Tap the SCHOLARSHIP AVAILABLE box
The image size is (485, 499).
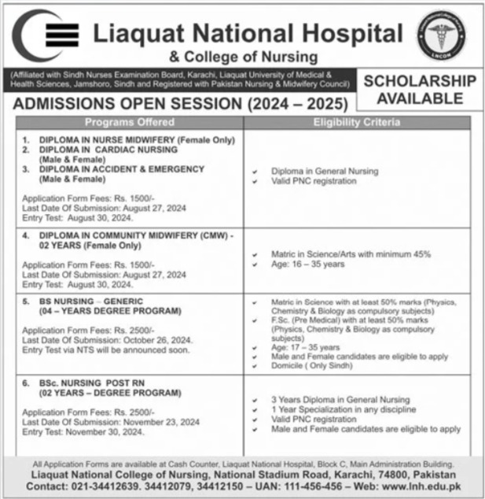pyautogui.click(x=418, y=89)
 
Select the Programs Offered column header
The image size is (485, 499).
pyautogui.click(x=130, y=123)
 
